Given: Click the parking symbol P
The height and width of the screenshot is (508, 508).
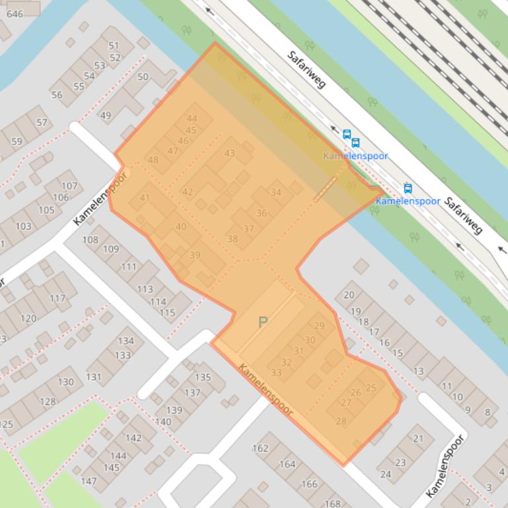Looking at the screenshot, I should tap(263, 323).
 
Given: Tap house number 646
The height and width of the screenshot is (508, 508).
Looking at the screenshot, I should tap(14, 14).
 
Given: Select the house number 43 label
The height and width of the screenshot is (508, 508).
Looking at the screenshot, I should tap(229, 154).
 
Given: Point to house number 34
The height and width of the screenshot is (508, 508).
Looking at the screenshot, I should tap(275, 193).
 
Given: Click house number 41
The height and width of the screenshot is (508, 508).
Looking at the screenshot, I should tap(145, 198).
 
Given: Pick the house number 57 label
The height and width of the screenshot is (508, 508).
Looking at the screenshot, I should tap(42, 123).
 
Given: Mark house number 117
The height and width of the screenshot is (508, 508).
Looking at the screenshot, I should tap(57, 298).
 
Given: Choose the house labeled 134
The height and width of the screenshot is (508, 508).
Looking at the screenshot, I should tap(126, 341).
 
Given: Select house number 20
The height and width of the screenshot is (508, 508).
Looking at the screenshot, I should tap(349, 295).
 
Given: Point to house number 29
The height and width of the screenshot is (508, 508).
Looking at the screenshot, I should tap(319, 326).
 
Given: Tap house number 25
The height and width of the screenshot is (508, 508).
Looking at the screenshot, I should tap(371, 388).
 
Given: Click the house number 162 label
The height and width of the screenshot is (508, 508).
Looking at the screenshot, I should tap(260, 449).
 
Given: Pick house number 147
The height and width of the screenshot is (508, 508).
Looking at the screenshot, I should tap(89, 482).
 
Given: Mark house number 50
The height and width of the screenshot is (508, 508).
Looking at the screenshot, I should tap(143, 77).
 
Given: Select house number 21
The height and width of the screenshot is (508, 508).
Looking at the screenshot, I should tap(418, 439).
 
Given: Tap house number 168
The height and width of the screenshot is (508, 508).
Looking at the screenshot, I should tap(332, 503).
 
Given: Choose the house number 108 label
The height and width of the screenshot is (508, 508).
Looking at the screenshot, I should tap(90, 239).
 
